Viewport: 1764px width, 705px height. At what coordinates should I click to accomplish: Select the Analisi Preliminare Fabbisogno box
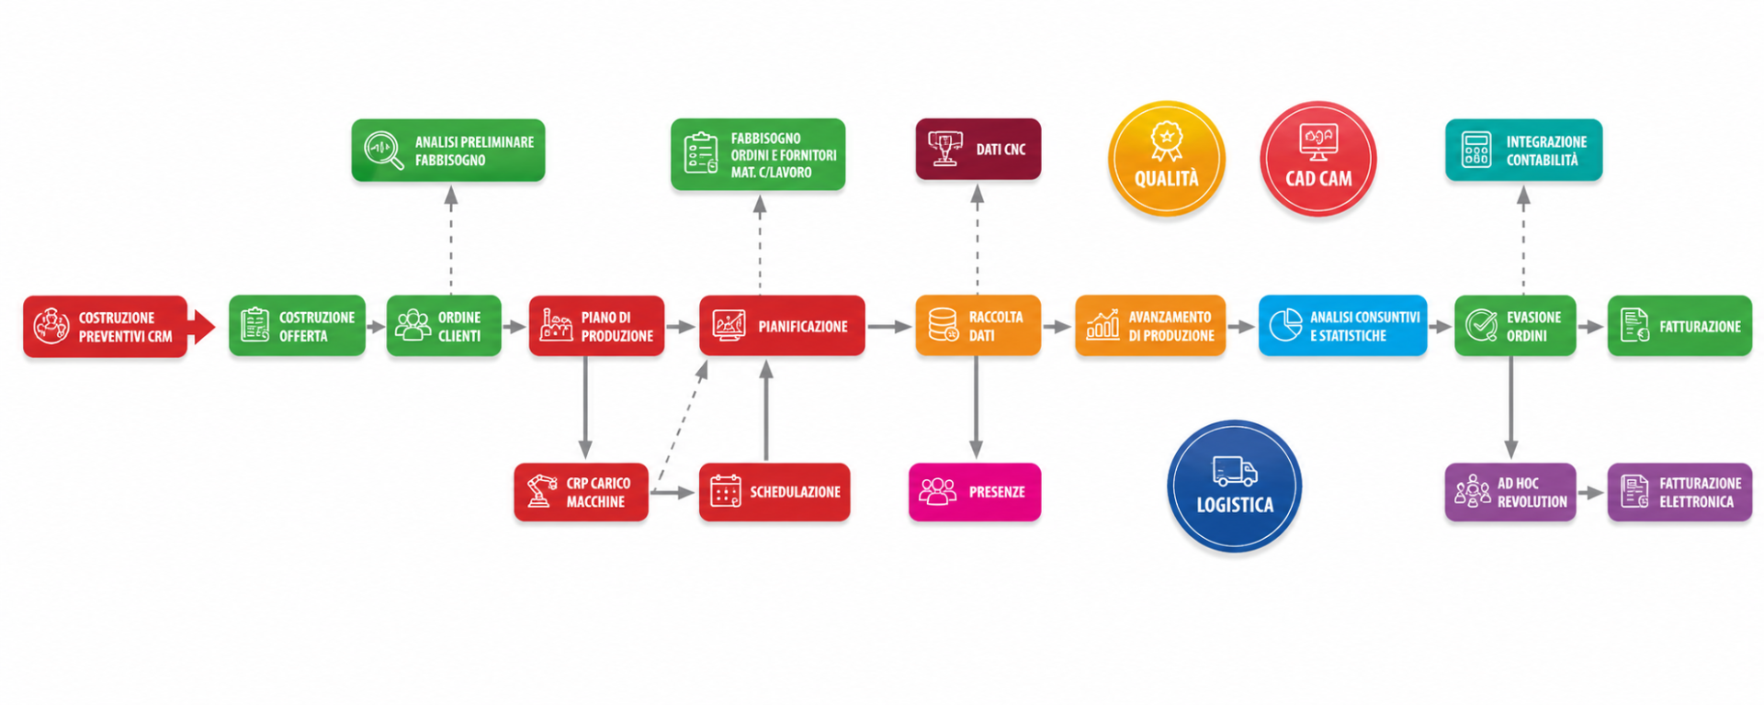pos(448,150)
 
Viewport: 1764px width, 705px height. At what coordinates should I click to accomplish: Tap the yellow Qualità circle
pos(1166,159)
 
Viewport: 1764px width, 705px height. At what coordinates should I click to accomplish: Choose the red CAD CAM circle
pos(1317,159)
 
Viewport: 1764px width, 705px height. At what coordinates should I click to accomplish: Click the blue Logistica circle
pos(1234,486)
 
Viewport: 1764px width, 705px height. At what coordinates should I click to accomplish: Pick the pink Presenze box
pos(975,492)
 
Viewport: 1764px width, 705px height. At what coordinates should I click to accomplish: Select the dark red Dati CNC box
pos(978,149)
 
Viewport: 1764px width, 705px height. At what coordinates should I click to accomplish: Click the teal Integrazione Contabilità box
pos(1523,150)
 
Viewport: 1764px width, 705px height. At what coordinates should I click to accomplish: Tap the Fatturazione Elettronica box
pos(1679,492)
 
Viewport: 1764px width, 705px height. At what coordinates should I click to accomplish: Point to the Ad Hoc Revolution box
pos(1510,492)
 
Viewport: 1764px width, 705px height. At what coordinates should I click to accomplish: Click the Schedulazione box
pos(775,492)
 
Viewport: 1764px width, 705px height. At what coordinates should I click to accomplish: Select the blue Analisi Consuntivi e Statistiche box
pos(1342,326)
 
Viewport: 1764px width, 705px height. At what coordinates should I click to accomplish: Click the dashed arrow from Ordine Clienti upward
pos(451,240)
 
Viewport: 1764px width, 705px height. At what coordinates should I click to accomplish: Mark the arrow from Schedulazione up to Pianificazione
pos(766,410)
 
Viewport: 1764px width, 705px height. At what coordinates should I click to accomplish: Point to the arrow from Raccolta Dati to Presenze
pos(976,408)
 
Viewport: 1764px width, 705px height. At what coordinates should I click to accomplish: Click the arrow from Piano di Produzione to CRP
pos(585,408)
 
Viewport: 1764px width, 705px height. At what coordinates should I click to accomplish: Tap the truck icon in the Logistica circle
pos(1235,471)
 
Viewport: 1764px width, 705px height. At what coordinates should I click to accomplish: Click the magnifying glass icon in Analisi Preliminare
pos(383,151)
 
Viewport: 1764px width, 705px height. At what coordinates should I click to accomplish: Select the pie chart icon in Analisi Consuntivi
pos(1285,325)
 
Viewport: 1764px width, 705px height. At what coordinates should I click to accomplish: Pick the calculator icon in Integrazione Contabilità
pos(1476,150)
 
